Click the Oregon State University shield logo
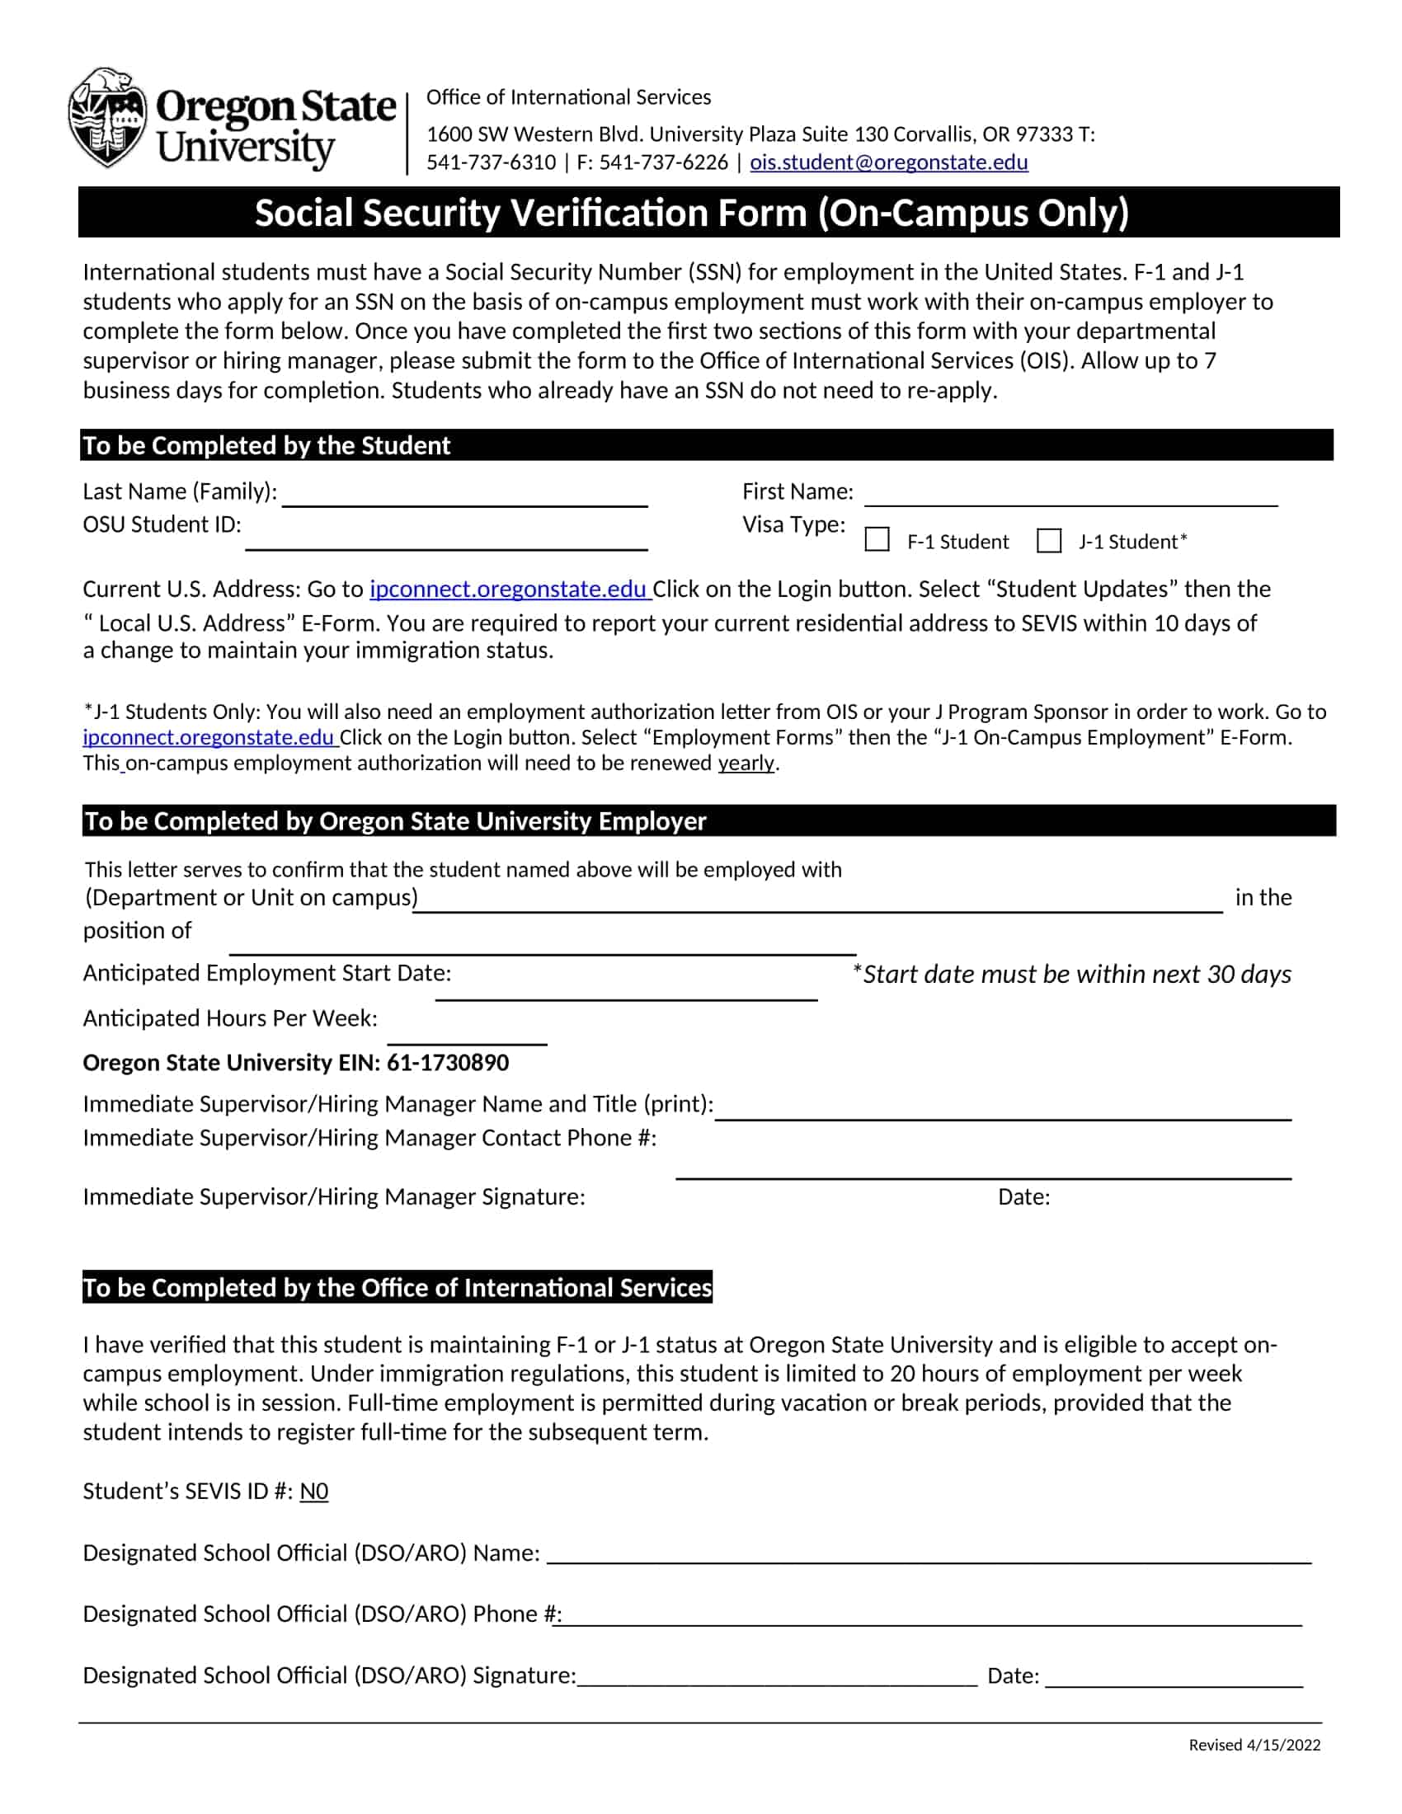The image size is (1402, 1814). pos(108,118)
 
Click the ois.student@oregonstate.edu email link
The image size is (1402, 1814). pos(888,162)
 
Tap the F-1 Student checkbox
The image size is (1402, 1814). pos(877,540)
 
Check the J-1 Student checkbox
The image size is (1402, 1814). pos(1049,540)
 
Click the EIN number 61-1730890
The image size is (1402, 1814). pos(448,1062)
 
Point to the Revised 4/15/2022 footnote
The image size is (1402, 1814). pos(1254,1744)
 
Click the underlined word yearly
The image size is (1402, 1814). pos(746,763)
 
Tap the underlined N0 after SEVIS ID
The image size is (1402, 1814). pos(314,1491)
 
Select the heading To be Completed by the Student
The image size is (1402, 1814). pos(266,445)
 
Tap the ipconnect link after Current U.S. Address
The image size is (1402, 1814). pos(508,589)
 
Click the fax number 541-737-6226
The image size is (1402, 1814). pos(663,162)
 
